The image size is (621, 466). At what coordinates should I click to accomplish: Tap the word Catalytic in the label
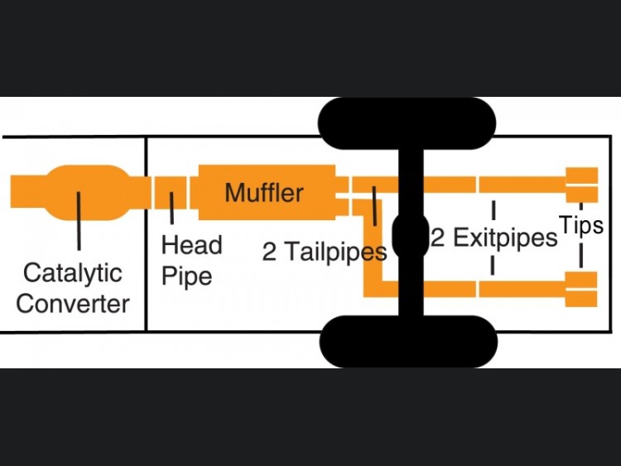click(x=72, y=272)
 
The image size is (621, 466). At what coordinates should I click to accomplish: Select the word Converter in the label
click(x=73, y=303)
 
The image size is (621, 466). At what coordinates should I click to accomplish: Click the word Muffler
click(x=264, y=193)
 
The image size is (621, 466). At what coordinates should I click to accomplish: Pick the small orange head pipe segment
click(x=171, y=193)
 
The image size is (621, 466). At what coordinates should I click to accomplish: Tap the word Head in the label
click(x=191, y=245)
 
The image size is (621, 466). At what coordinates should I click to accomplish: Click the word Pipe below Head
click(x=186, y=276)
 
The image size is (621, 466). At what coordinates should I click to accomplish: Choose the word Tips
click(x=581, y=224)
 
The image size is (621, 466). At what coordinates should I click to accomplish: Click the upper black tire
click(x=407, y=123)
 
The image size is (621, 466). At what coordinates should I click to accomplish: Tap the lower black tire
click(x=408, y=340)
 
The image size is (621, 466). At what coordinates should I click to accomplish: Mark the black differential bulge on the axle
click(x=410, y=235)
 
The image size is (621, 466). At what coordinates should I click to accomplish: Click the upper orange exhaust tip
click(x=581, y=185)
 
